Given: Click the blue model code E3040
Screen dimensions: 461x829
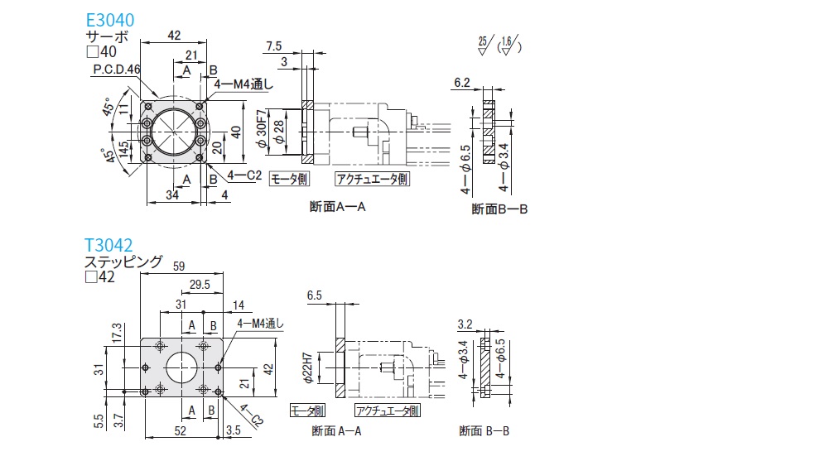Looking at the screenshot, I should pos(110,20).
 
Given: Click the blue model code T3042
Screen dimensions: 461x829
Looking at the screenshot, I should pos(109,246).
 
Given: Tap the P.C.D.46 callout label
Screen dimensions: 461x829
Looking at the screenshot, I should pos(117,70).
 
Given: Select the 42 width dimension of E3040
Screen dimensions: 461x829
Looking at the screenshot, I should pos(174,35).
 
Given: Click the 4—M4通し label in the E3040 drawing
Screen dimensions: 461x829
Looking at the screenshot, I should pos(243,84).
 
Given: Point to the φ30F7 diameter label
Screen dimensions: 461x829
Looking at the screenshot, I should pos(261,131).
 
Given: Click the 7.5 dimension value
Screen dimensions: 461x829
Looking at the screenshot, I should pos(275,45).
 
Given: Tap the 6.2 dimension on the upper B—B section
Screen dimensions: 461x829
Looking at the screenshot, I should pos(462,82).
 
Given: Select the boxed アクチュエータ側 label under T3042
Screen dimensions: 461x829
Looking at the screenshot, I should pos(387,411).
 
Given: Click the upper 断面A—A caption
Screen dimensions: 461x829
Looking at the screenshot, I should pos(337,206).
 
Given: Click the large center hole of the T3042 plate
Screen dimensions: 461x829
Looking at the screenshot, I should pos(182,367).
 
